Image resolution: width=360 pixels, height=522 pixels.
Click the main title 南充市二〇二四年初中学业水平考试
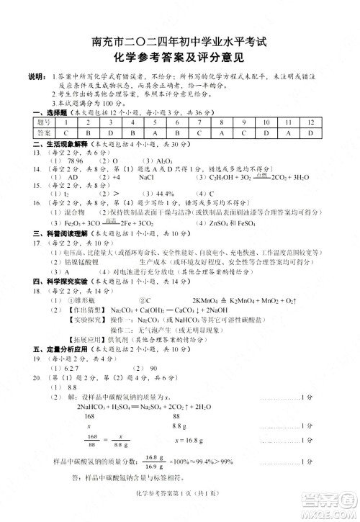tap(179, 42)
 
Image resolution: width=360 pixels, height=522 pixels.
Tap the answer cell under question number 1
tap(66, 133)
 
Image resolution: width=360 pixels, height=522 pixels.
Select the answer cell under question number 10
tap(266, 133)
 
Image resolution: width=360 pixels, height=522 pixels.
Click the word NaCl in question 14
tap(145, 176)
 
